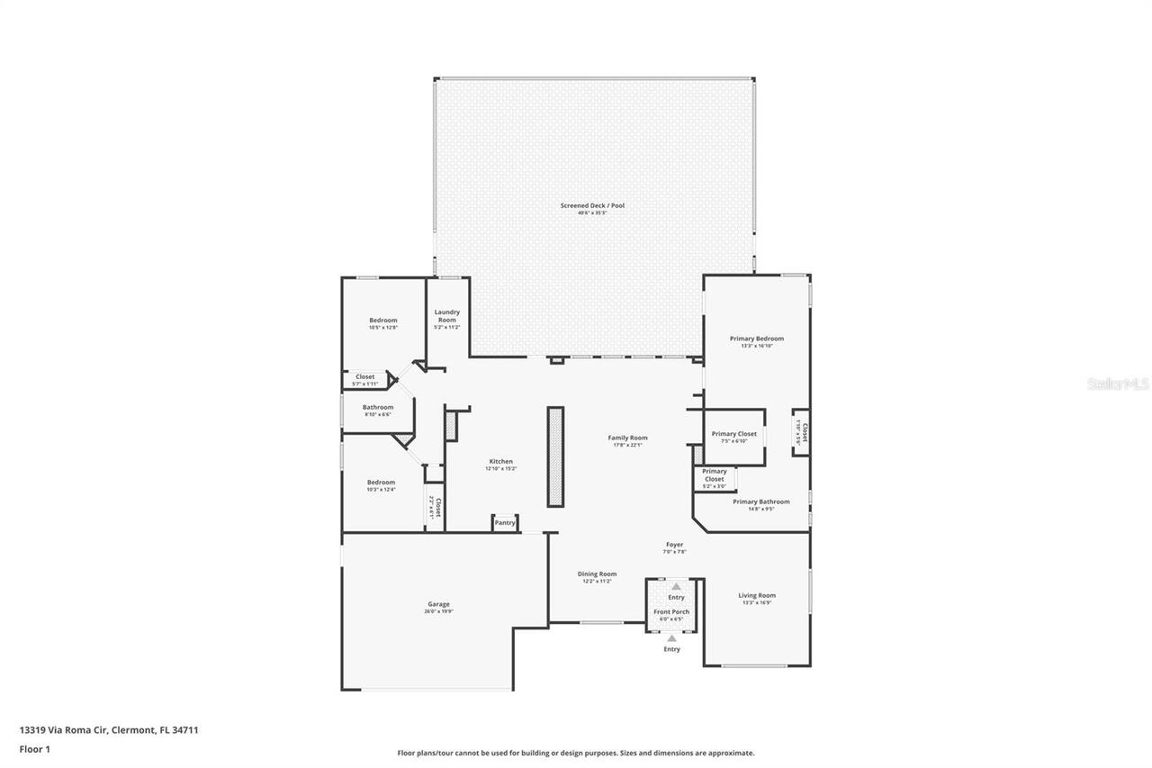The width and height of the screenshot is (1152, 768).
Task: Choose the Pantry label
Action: tap(505, 522)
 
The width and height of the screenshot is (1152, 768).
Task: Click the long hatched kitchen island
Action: tap(555, 456)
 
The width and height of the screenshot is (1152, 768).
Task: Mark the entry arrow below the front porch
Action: tap(671, 638)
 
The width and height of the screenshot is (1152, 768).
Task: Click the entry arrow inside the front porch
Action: tap(676, 587)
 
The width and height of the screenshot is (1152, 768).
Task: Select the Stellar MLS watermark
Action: tap(1119, 384)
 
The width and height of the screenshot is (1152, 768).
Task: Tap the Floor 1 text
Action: tap(35, 748)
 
